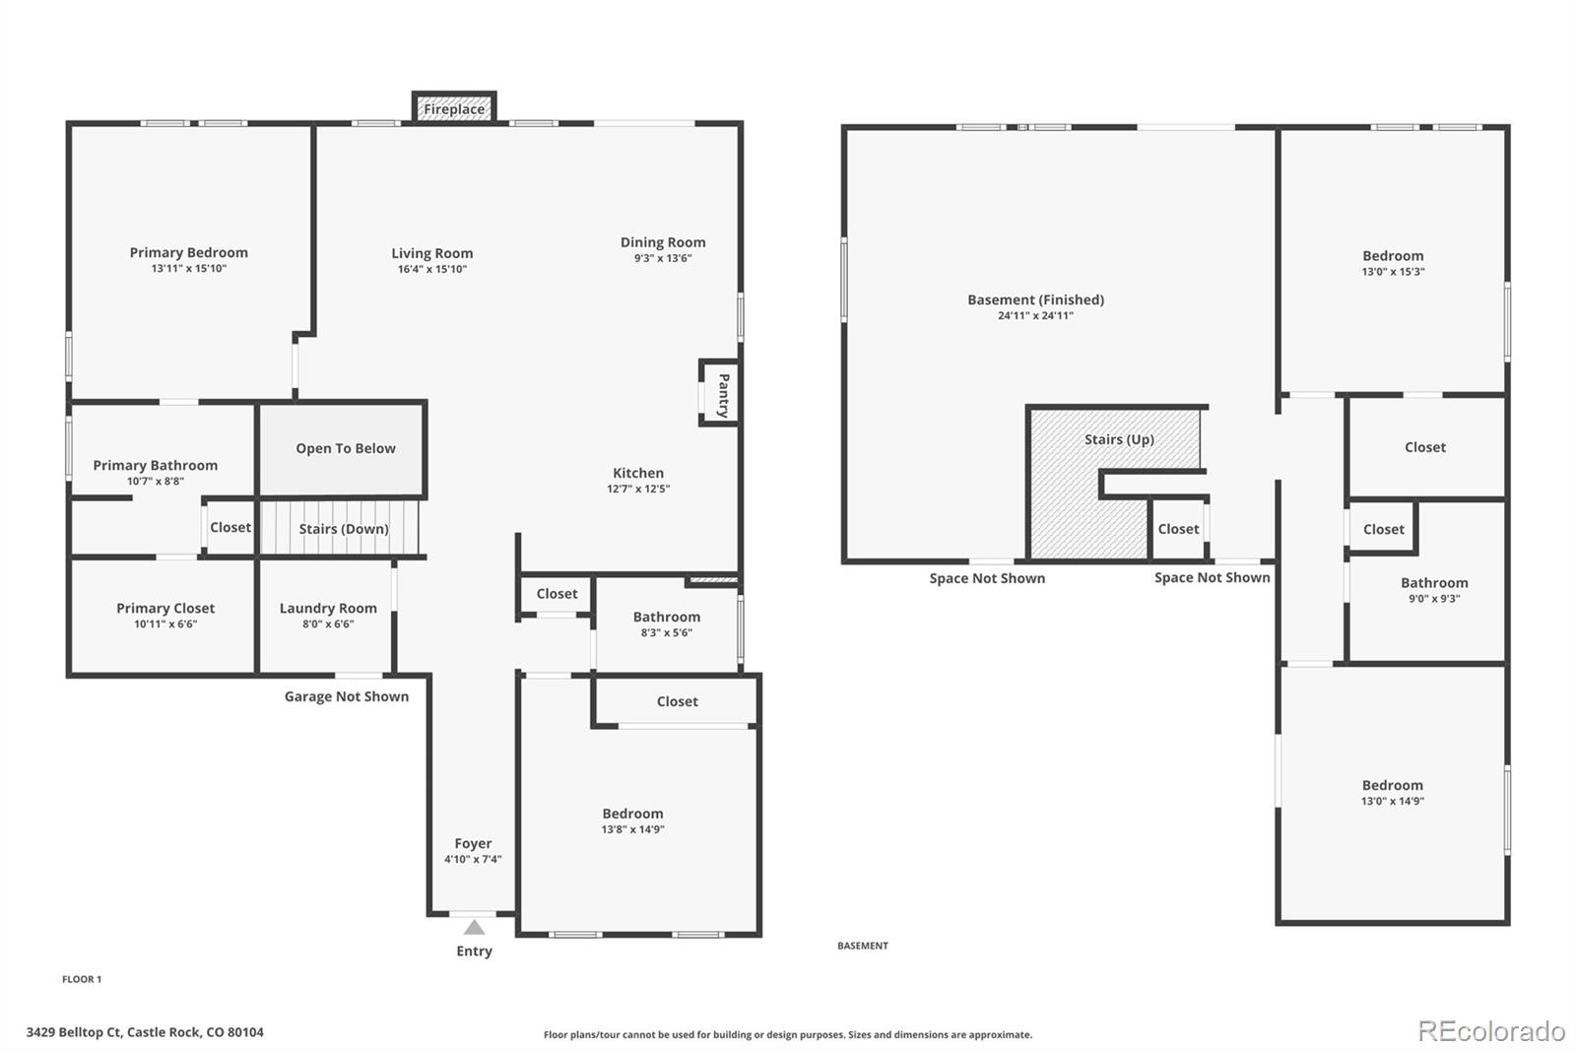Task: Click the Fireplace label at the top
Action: coord(454,109)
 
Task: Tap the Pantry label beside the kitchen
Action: coord(723,394)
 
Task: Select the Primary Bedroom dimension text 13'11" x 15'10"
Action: coord(189,269)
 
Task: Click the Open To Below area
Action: coord(345,449)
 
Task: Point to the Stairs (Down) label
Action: coord(344,529)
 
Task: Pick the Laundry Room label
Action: coord(328,609)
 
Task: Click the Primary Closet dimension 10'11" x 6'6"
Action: coord(165,624)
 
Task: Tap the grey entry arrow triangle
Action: coord(474,927)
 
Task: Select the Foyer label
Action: coord(473,844)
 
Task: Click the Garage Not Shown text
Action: coord(347,696)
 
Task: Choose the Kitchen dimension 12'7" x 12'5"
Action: coord(638,490)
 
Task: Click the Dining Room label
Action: coord(663,242)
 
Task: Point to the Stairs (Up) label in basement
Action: coord(1119,439)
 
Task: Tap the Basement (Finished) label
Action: coord(1035,300)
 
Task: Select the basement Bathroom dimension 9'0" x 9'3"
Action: coord(1434,599)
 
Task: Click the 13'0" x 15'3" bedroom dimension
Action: coord(1393,272)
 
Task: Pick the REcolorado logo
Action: coord(1490,1031)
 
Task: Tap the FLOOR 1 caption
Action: coord(82,979)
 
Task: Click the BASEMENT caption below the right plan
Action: coord(863,946)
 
